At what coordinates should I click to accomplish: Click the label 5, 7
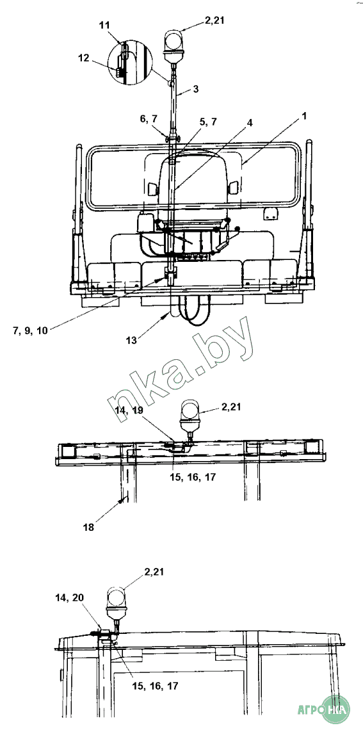208,121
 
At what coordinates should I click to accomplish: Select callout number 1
305,116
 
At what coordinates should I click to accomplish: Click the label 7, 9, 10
30,330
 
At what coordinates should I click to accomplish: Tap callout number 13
132,340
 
